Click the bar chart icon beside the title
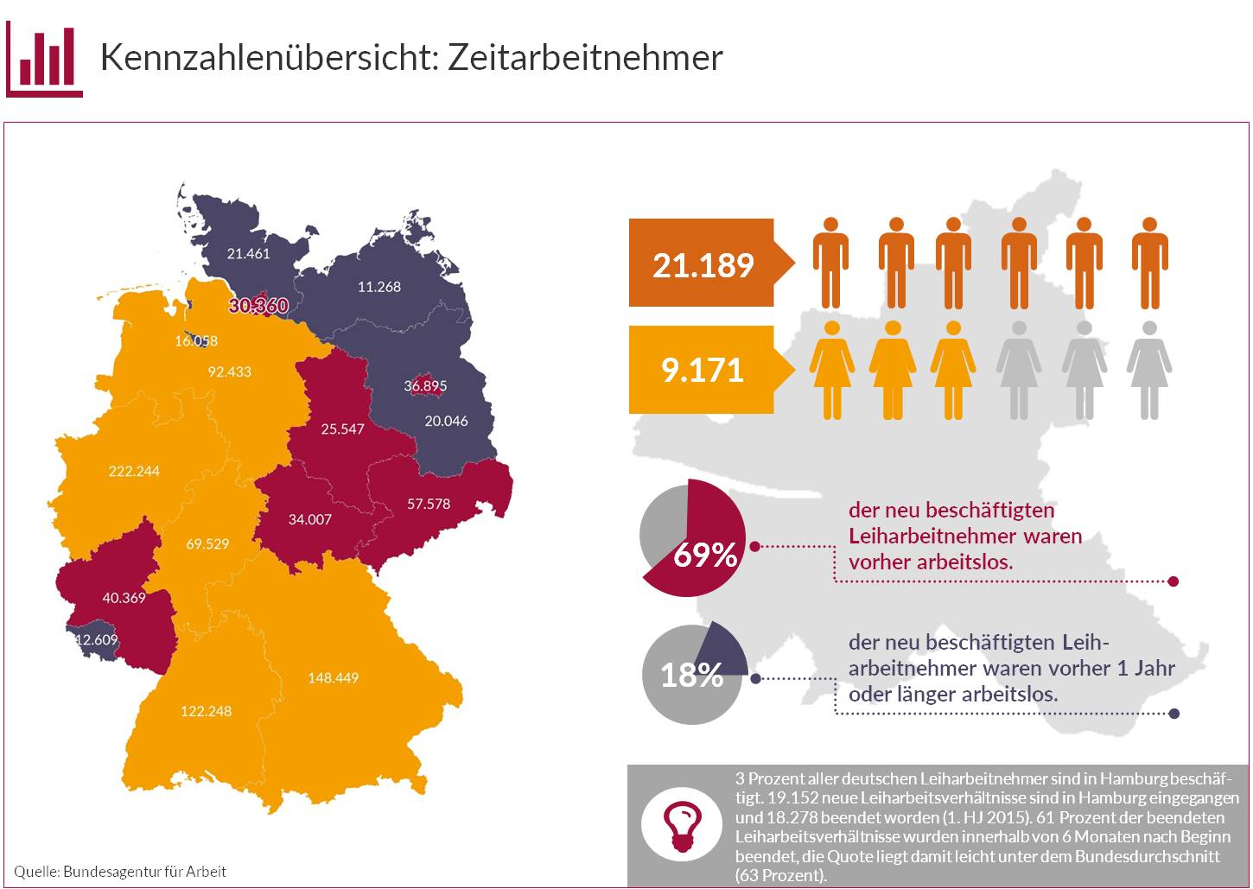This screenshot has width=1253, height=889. (x=45, y=59)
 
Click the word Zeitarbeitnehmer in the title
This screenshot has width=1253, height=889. (x=585, y=57)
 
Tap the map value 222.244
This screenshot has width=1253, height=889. (x=134, y=471)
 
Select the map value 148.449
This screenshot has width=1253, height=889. (x=333, y=677)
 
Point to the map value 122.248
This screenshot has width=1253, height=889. (x=206, y=711)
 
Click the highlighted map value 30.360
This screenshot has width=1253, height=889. (x=258, y=306)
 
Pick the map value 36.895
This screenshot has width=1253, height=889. (x=425, y=386)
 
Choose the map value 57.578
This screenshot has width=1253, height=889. (x=429, y=504)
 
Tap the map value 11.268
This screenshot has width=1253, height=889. (x=379, y=287)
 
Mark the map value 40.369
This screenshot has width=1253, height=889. (x=124, y=598)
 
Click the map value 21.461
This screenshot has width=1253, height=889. (x=248, y=254)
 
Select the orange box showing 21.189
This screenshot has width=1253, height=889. (x=703, y=264)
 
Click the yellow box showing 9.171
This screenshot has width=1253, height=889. (x=703, y=370)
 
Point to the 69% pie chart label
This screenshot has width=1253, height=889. (x=704, y=555)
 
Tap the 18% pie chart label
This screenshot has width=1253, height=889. (x=691, y=675)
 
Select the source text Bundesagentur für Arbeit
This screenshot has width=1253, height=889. (x=144, y=871)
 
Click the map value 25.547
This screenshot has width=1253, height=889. (x=342, y=429)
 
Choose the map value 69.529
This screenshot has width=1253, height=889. (x=207, y=544)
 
